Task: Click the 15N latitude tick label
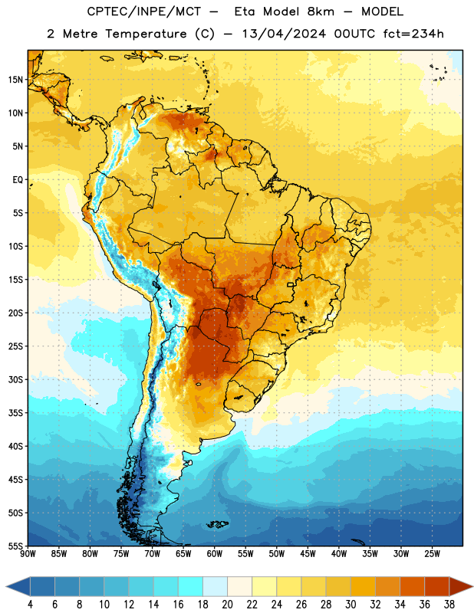pos(15,80)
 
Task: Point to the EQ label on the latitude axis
pos(18,180)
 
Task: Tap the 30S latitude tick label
pos(15,379)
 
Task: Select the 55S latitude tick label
pos(15,546)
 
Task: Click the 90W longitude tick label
pos(28,554)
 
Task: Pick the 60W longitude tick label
pos(214,554)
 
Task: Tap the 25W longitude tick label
pos(432,554)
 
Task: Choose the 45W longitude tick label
pos(308,554)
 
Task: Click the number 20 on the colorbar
pos(227,605)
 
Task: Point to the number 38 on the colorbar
pos(449,605)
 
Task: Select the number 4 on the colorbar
pos(30,605)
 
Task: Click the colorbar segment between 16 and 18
pos(191,586)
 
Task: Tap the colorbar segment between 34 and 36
pos(412,586)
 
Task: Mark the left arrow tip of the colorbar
pos(6,586)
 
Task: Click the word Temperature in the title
pos(146,34)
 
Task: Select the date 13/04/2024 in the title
pos(284,34)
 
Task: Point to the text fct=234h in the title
pos(413,34)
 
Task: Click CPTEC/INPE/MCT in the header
pos(144,11)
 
